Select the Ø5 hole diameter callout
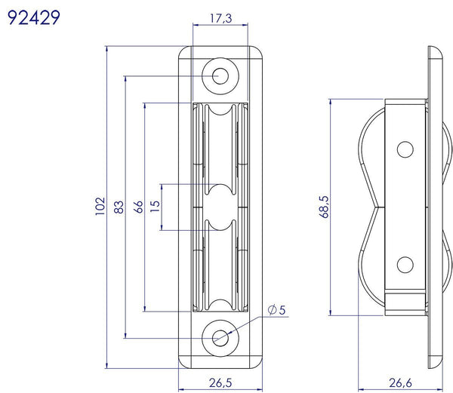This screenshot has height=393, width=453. pyautogui.click(x=276, y=310)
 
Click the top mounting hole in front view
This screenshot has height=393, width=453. pyautogui.click(x=220, y=75)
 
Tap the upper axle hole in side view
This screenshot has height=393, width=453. pyautogui.click(x=405, y=149)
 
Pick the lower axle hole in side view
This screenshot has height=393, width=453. pyautogui.click(x=405, y=264)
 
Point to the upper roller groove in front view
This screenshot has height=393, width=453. pyautogui.click(x=220, y=143)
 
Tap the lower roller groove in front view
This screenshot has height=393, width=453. pyautogui.click(x=220, y=268)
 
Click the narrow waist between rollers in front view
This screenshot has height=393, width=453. pyautogui.click(x=220, y=206)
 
